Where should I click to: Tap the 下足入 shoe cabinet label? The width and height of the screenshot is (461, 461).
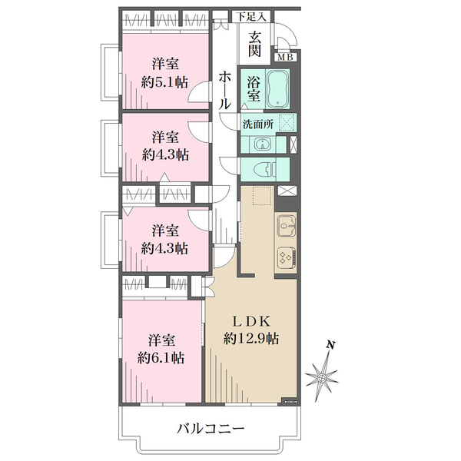coord(252,17)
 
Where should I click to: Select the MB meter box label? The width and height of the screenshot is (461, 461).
coord(285,58)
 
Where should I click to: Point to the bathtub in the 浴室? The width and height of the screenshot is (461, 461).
coord(278,88)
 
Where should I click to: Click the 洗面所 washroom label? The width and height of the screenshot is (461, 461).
coord(258,124)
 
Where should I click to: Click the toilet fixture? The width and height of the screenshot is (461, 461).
coord(264,170)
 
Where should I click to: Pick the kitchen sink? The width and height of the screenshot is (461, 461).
coord(287,226)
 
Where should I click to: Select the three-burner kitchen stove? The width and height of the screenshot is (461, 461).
coord(287,258)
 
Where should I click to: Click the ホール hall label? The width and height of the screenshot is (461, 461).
coord(225,91)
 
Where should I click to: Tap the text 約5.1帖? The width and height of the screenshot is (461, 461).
coord(164,83)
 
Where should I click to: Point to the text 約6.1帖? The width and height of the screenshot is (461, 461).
coord(161,358)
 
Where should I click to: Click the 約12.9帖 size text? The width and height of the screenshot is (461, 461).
coord(251,339)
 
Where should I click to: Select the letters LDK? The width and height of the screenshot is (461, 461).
coord(252,322)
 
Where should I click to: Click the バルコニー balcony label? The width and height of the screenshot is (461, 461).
coord(211,429)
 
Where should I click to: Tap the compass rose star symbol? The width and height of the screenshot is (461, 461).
coord(322,377)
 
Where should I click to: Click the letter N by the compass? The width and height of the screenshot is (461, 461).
coord(331,345)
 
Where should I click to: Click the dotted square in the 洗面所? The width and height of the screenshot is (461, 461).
coord(287,121)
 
